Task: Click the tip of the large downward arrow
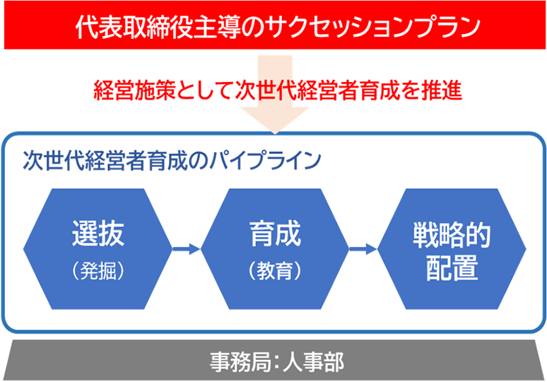click(x=275, y=134)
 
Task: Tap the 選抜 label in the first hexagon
click(x=98, y=233)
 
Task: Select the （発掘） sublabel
click(x=98, y=271)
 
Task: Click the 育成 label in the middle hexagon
click(x=275, y=233)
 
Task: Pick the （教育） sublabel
click(x=275, y=271)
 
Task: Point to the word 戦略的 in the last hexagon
click(x=452, y=236)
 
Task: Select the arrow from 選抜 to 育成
click(x=187, y=248)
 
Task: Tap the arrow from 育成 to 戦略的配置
click(x=363, y=248)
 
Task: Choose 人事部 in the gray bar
click(x=314, y=361)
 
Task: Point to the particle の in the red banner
click(x=233, y=28)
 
